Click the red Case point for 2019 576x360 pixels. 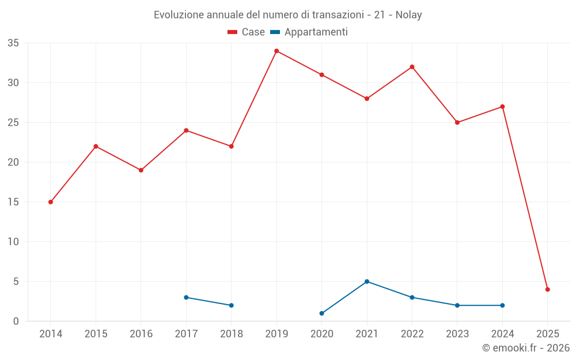[x=276, y=51]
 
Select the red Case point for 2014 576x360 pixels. [x=51, y=202]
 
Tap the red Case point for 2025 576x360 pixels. [x=547, y=289]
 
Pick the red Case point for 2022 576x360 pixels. [x=412, y=67]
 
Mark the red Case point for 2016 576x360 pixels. [x=141, y=170]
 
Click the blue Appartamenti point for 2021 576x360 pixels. [x=367, y=282]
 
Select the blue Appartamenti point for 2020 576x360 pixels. [x=321, y=313]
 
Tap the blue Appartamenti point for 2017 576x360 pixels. [x=186, y=297]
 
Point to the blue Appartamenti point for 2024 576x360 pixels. [x=502, y=305]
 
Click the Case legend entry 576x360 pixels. [x=246, y=32]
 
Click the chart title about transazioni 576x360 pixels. [x=288, y=15]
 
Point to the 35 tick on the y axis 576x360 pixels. [x=13, y=43]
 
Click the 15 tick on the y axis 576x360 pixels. [x=13, y=202]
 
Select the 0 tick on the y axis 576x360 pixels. [x=16, y=321]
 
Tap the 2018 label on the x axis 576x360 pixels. [x=231, y=334]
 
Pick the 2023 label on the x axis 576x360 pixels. [x=457, y=334]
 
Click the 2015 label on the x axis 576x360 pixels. [x=96, y=334]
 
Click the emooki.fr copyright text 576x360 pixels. [x=525, y=348]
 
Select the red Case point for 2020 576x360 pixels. [x=321, y=75]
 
